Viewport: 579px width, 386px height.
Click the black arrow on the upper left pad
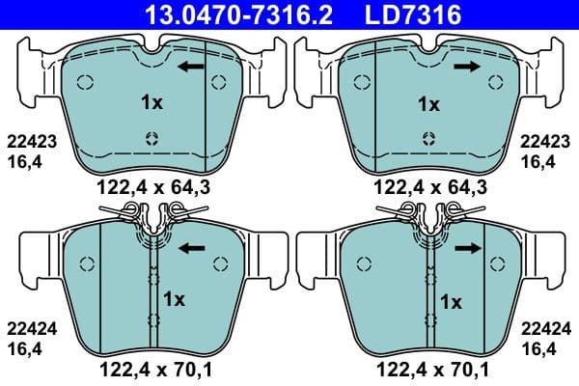click(190, 67)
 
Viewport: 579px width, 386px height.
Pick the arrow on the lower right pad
click(469, 248)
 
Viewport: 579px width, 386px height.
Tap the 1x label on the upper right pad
click(427, 102)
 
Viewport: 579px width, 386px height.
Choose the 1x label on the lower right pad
click(451, 301)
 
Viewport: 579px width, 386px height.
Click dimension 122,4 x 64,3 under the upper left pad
click(148, 184)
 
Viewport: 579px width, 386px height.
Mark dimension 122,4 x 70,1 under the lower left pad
click(148, 367)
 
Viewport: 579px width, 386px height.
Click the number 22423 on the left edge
click(30, 141)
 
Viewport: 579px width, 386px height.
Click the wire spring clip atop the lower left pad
click(150, 215)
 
